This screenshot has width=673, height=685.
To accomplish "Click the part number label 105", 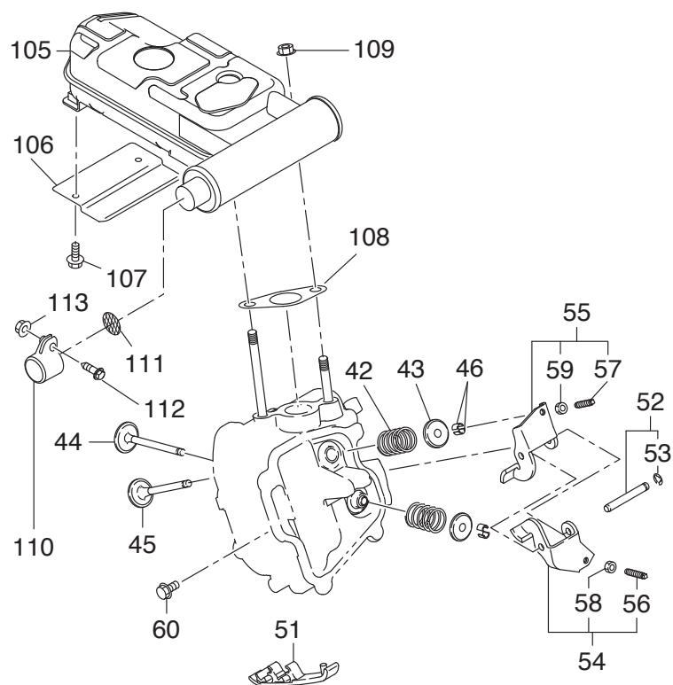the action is click(x=30, y=50).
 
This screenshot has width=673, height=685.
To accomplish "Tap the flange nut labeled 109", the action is click(x=286, y=50).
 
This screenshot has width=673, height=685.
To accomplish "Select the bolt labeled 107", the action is click(x=75, y=255).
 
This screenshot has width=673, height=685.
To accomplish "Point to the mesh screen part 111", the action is click(x=113, y=324).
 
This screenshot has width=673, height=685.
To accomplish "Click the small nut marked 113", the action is click(x=22, y=328).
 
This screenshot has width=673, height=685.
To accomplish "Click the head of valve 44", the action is click(x=124, y=436).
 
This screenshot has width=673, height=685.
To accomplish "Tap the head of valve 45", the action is click(x=139, y=493).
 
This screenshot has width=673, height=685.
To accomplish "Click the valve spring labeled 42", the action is click(x=396, y=440).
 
